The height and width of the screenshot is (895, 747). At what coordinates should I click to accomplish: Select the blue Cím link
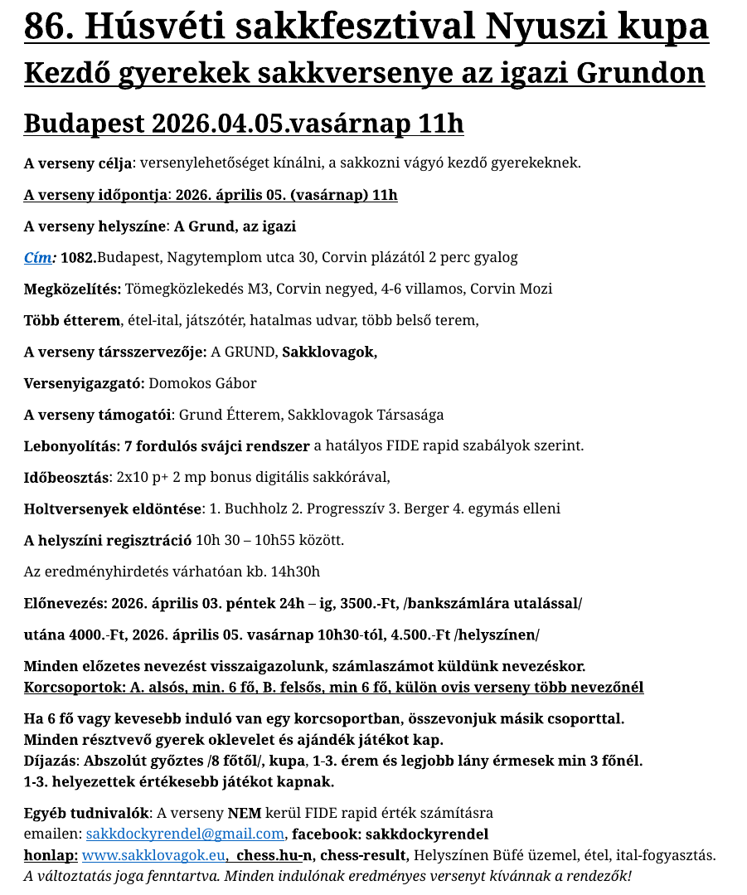[38, 257]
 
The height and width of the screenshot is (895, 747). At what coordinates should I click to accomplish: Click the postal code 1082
[78, 257]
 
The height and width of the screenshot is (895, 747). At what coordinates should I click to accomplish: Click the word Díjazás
[50, 761]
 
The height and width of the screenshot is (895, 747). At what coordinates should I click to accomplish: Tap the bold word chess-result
[364, 855]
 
